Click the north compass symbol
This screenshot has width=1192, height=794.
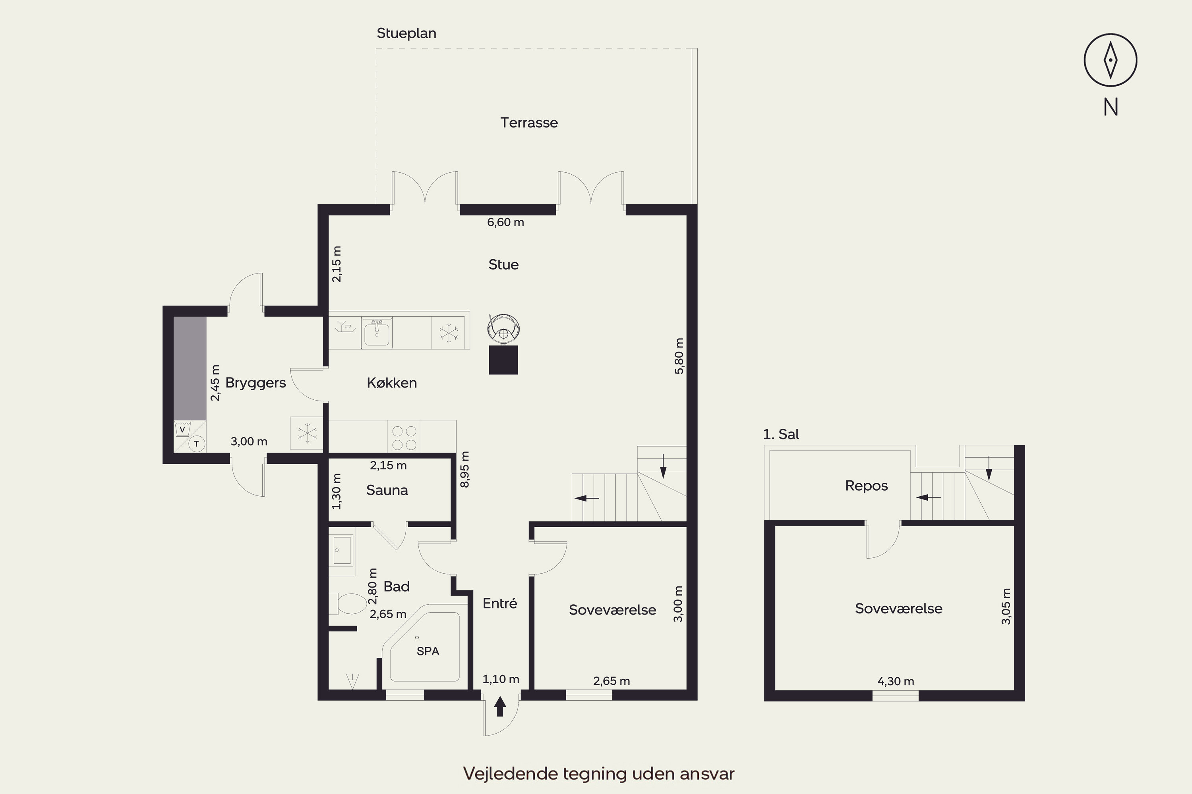pyautogui.click(x=1111, y=60)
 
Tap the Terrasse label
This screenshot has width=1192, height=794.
pyautogui.click(x=529, y=123)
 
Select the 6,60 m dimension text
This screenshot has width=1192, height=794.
pyautogui.click(x=505, y=222)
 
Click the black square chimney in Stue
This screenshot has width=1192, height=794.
pyautogui.click(x=503, y=360)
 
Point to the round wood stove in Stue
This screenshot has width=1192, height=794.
pyautogui.click(x=504, y=329)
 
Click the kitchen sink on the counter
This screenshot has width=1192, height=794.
pyautogui.click(x=377, y=333)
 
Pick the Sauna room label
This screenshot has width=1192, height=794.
pyautogui.click(x=387, y=490)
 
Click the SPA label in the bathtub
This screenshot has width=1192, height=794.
pyautogui.click(x=428, y=651)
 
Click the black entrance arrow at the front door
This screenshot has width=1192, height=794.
pyautogui.click(x=500, y=706)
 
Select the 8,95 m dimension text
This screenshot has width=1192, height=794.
pyautogui.click(x=465, y=469)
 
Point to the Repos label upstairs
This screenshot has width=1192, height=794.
pyautogui.click(x=867, y=486)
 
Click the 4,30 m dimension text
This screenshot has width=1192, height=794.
pyautogui.click(x=896, y=682)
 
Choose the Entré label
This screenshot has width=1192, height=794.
pyautogui.click(x=500, y=603)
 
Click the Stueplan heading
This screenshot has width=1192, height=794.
pyautogui.click(x=406, y=33)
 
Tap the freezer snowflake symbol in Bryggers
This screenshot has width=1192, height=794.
pyautogui.click(x=307, y=433)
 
